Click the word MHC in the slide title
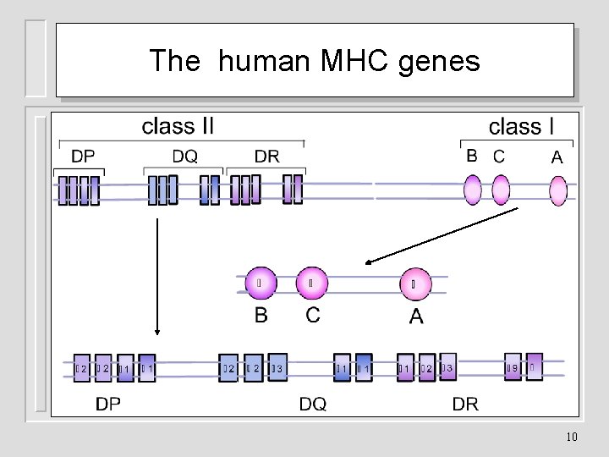click(359, 61)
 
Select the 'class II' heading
click(178, 127)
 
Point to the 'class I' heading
click(522, 127)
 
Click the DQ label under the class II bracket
click(184, 157)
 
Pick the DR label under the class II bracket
click(267, 157)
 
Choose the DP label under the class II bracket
click(83, 157)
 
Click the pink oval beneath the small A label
click(557, 190)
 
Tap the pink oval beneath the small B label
click(472, 190)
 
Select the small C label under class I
click(499, 157)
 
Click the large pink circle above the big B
click(261, 284)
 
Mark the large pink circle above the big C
click(311, 284)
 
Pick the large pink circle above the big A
click(414, 284)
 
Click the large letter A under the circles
click(416, 317)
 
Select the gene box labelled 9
click(513, 367)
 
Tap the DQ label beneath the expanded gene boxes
click(312, 405)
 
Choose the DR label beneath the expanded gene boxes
click(465, 405)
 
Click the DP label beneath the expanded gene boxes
click(108, 405)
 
